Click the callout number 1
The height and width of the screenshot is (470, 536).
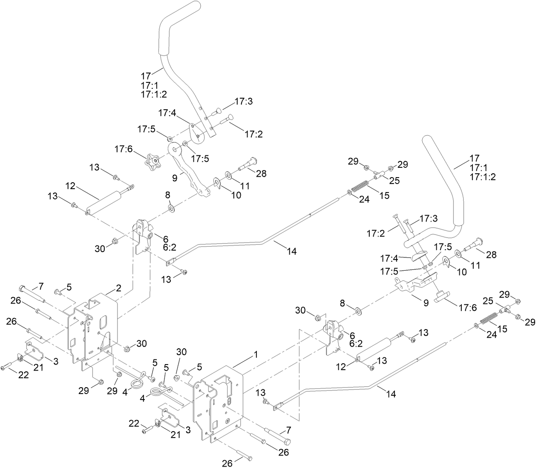256,354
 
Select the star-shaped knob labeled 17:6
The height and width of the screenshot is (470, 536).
153,161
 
